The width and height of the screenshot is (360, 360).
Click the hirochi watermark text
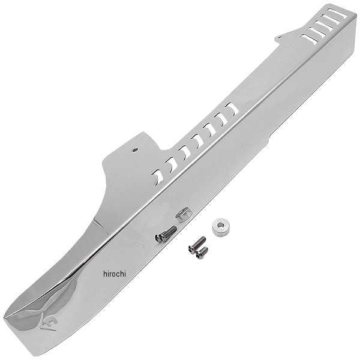[115, 274]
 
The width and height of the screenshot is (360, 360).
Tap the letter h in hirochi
[105, 274]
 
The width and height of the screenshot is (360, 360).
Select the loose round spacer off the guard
[221, 228]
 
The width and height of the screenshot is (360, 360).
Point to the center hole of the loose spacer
[220, 225]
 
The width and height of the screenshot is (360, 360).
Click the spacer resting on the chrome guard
[183, 214]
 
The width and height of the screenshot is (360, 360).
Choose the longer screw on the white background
[197, 245]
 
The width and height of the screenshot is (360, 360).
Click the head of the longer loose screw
[191, 250]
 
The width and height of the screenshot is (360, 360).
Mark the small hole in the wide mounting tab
[135, 150]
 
